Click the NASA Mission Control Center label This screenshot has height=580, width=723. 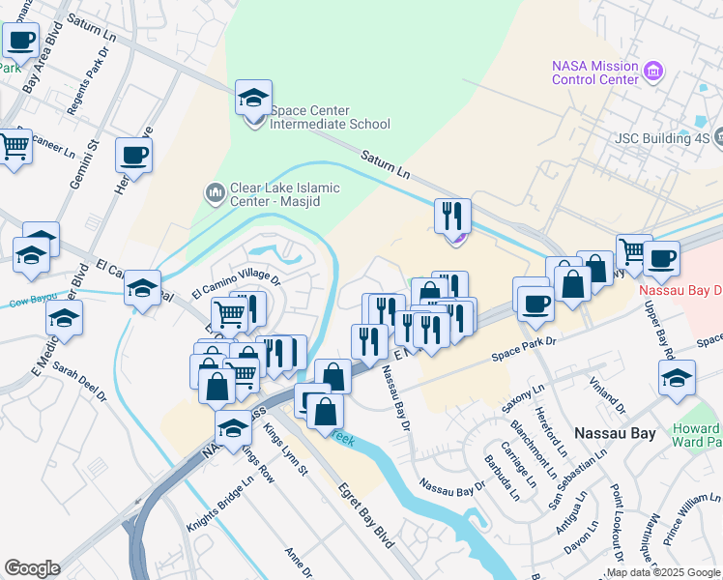point(594,72)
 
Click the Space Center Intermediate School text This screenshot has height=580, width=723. point(330,117)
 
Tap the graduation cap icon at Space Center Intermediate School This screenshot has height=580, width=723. point(253,99)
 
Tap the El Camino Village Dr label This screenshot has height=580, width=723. point(235,285)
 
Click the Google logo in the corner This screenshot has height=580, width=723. point(32,568)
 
